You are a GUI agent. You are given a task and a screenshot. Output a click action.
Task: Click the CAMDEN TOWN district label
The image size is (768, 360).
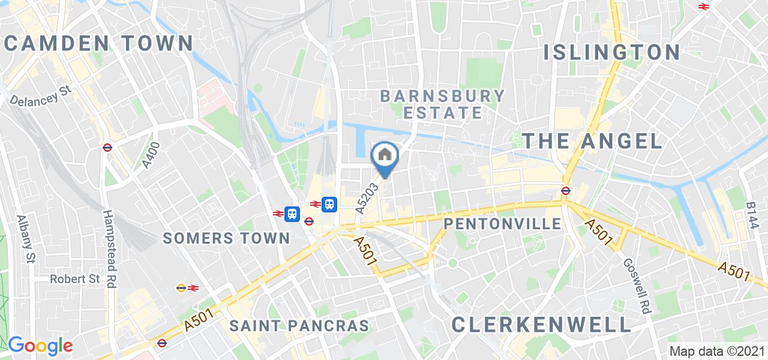coord(99,43)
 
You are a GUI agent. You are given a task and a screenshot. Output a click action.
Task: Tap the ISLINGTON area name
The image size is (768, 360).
coord(611,52)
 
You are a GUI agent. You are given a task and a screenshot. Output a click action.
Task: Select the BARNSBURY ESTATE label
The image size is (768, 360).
coord(443,104)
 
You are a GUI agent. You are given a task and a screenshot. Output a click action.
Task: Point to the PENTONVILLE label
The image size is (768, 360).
coord(503,224)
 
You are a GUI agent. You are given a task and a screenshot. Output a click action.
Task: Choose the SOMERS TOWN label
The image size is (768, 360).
coord(227,238)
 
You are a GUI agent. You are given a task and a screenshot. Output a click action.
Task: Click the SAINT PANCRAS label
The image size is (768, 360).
coord(299,326)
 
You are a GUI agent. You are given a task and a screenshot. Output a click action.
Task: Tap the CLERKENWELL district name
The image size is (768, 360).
coord(541,325)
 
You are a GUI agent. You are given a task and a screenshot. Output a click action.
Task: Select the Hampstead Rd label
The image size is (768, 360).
coord(109,248)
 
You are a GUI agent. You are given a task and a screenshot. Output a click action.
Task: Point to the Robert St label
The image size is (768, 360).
coord(75,279)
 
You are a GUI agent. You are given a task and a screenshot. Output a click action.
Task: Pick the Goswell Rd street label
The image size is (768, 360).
coord(637,284)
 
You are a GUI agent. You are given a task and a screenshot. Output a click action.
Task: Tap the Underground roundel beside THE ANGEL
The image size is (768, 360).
coord(565,191)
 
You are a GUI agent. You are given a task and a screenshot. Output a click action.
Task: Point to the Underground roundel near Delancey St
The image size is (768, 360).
coord(108,147)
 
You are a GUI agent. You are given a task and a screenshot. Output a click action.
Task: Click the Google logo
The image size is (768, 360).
coord(40,346)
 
